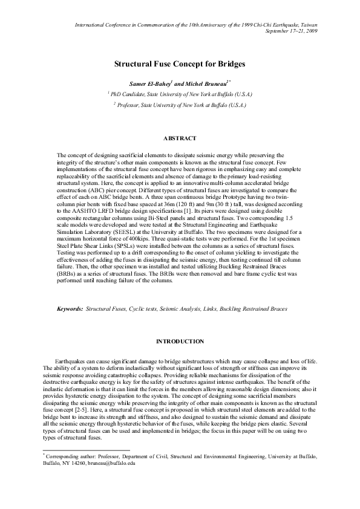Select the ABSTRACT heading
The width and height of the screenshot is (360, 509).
(180, 138)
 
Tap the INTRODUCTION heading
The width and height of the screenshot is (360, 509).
(180, 342)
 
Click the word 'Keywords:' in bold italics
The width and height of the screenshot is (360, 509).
(70, 308)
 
